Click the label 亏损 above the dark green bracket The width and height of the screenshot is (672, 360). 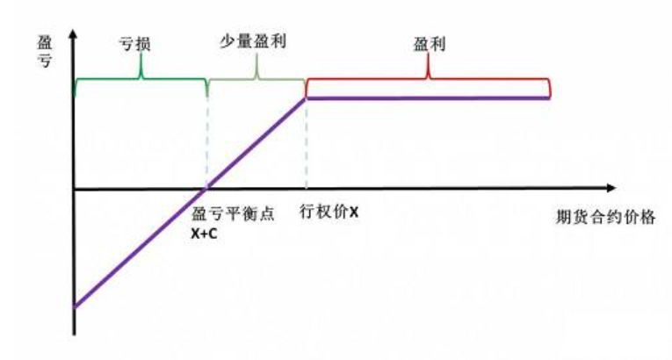click(x=135, y=44)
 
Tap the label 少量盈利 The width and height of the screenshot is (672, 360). click(x=253, y=41)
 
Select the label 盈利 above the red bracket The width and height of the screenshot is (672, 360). click(x=430, y=44)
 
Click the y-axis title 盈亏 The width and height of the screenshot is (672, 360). click(x=45, y=52)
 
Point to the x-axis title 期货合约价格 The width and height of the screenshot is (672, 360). click(x=605, y=217)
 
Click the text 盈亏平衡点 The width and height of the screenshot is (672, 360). click(x=233, y=213)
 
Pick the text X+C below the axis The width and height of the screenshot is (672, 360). click(x=204, y=234)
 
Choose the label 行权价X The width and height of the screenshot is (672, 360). click(x=329, y=212)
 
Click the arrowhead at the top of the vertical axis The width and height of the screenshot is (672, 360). click(x=74, y=33)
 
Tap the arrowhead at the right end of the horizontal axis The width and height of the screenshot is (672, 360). click(x=611, y=188)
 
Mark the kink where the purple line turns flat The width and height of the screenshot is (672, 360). click(x=306, y=98)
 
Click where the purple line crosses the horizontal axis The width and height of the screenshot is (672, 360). click(x=206, y=188)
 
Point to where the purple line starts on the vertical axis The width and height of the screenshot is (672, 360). click(x=75, y=306)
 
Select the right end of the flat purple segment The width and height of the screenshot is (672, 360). click(x=549, y=98)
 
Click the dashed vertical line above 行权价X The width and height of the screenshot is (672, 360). click(x=306, y=143)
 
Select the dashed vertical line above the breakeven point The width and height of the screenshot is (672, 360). click(x=207, y=141)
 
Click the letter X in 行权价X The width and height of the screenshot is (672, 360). click(x=354, y=212)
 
